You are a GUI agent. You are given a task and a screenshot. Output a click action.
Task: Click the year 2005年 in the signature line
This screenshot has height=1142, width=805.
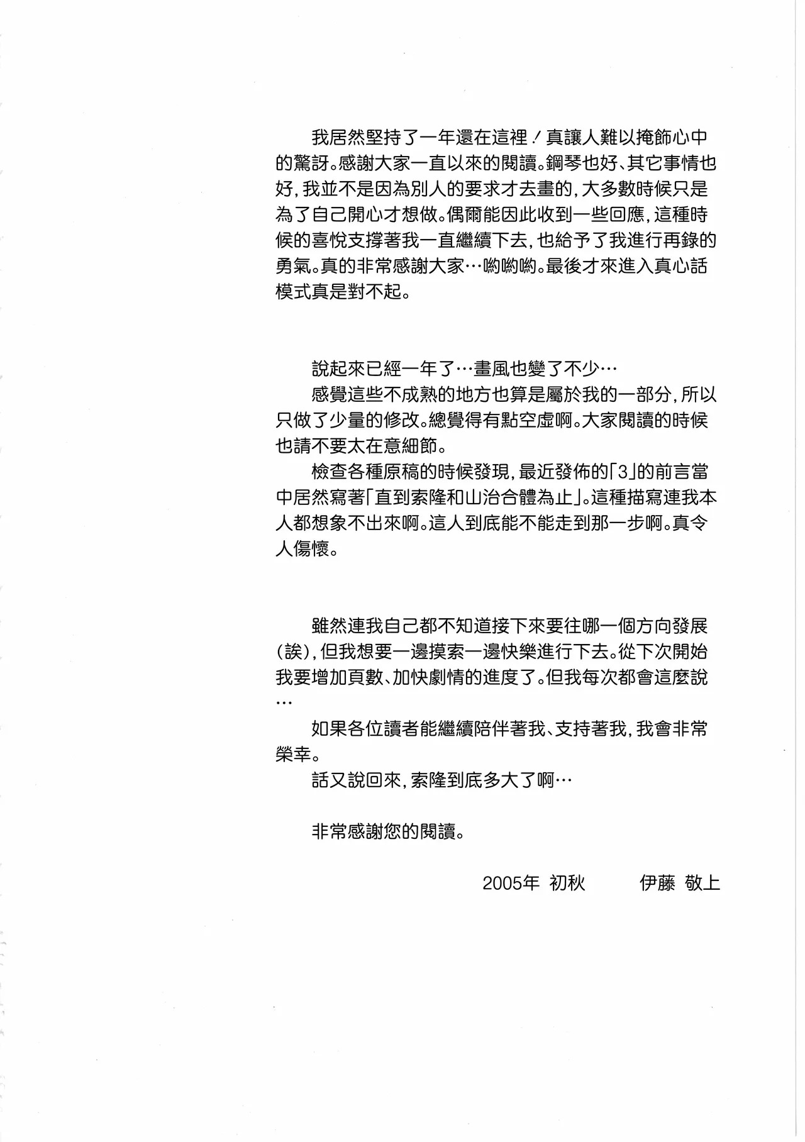pos(511,884)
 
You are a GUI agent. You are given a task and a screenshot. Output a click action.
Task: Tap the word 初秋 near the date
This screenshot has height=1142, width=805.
pos(567,884)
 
